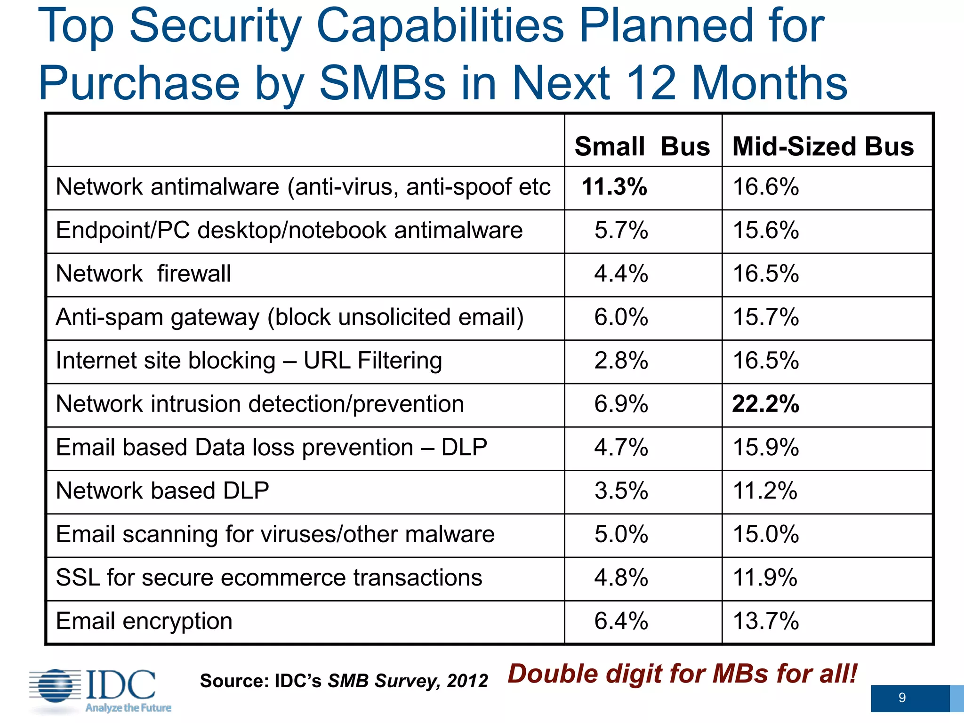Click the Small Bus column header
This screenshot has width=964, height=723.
tap(642, 146)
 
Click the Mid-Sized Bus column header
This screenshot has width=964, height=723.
tap(823, 146)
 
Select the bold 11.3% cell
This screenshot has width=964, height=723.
tap(614, 187)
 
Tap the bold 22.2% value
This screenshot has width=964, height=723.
tap(765, 404)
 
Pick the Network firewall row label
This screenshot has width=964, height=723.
tap(144, 274)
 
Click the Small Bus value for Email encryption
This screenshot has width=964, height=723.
tap(621, 621)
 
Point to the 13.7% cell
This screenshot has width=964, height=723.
tap(765, 621)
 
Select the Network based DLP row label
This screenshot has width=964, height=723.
tap(162, 491)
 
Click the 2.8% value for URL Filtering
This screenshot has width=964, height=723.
tap(621, 361)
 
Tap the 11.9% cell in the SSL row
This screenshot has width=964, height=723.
tap(765, 578)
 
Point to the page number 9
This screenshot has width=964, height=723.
tap(901, 698)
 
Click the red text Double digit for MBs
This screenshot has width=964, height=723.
tap(682, 674)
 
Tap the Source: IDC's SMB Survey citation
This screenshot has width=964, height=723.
tap(344, 681)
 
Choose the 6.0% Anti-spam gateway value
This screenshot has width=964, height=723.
tap(621, 317)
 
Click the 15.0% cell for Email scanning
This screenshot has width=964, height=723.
tap(765, 535)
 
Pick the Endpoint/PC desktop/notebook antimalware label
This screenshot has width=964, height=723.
tap(289, 231)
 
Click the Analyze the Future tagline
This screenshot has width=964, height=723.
tap(128, 708)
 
